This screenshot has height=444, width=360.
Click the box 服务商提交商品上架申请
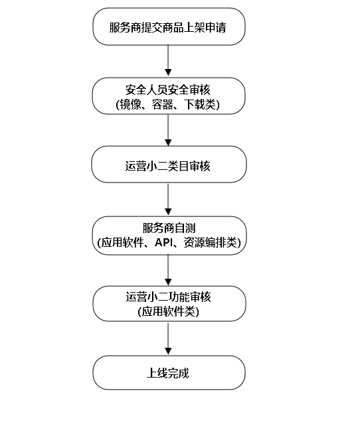pyautogui.click(x=169, y=27)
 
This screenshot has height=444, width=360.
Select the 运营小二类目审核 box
pyautogui.click(x=169, y=165)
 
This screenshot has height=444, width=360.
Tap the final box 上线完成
pyautogui.click(x=169, y=372)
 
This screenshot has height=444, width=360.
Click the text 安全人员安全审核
pyautogui.click(x=168, y=90)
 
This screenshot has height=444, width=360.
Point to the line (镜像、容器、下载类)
pyautogui.click(x=168, y=104)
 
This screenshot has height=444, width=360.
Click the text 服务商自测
pyautogui.click(x=169, y=228)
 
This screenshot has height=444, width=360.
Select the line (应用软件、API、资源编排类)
pyautogui.click(x=169, y=242)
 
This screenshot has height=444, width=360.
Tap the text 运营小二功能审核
pyautogui.click(x=169, y=297)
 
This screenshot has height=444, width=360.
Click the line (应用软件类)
pyautogui.click(x=169, y=312)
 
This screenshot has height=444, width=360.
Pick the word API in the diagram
pyautogui.click(x=163, y=242)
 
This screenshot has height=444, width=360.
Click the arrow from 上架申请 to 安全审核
pyautogui.click(x=168, y=60)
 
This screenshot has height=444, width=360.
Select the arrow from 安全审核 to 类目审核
pyautogui.click(x=168, y=130)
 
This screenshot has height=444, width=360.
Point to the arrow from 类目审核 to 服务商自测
pyautogui.click(x=168, y=199)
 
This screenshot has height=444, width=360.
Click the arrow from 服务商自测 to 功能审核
pyautogui.click(x=168, y=270)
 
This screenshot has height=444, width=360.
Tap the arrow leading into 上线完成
pyautogui.click(x=168, y=338)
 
